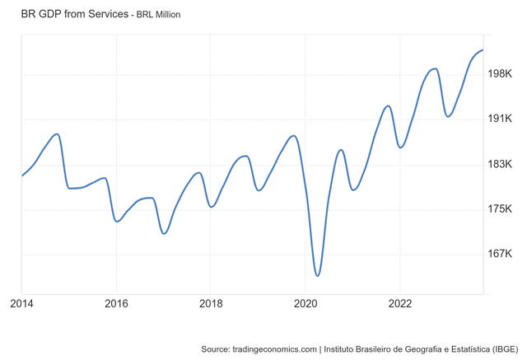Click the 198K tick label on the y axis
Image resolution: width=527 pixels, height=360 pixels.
click(x=501, y=75)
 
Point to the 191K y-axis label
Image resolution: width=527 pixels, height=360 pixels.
click(x=501, y=119)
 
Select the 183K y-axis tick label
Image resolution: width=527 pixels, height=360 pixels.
click(x=501, y=165)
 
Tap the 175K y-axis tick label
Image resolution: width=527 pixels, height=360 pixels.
click(x=501, y=209)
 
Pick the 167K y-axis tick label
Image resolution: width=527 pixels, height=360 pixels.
click(x=501, y=254)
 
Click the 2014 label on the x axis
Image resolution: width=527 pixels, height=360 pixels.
click(x=22, y=303)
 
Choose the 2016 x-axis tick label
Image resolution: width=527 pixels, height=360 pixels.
click(x=116, y=303)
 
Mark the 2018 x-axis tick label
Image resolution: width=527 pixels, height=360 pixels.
click(x=211, y=303)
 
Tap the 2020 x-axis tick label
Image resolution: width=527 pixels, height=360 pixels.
click(x=305, y=303)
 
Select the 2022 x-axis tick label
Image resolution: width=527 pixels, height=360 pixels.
click(x=399, y=303)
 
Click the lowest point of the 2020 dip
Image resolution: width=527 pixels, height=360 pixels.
click(x=317, y=275)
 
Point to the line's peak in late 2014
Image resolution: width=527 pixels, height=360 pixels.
click(x=56, y=133)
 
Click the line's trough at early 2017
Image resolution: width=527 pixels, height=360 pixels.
click(x=164, y=234)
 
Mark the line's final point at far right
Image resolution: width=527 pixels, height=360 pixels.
click(x=483, y=50)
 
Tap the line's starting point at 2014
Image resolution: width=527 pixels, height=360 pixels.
click(x=22, y=175)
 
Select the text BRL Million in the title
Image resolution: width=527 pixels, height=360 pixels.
click(x=159, y=15)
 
